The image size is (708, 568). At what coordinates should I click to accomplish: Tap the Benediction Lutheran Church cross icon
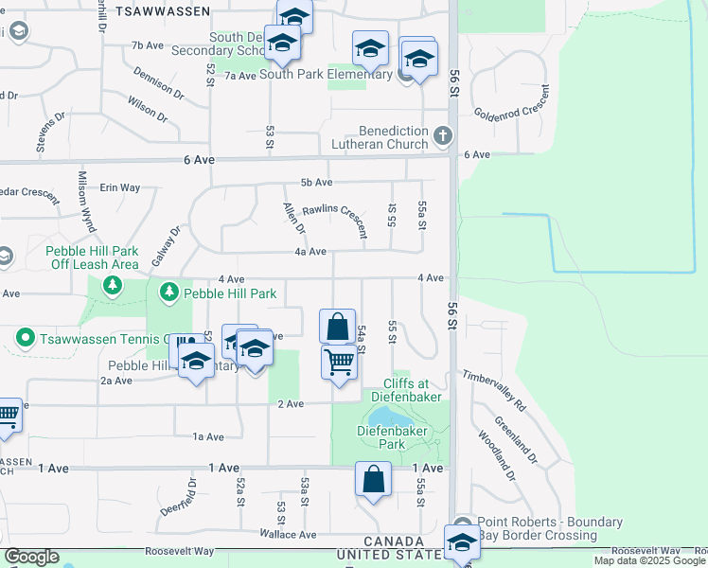[442, 138]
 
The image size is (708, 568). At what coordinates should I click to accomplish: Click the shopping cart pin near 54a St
[338, 361]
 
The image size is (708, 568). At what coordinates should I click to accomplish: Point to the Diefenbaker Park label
[393, 436]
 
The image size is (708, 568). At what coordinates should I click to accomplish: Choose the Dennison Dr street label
[158, 83]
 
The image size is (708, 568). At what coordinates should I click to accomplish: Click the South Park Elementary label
[326, 74]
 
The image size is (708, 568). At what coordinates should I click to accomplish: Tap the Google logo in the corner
[31, 557]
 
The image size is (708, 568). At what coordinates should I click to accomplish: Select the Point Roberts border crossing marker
[463, 525]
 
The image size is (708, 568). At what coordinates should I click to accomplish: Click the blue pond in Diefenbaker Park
[388, 417]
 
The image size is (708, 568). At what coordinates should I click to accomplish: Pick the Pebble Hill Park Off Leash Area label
[93, 258]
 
